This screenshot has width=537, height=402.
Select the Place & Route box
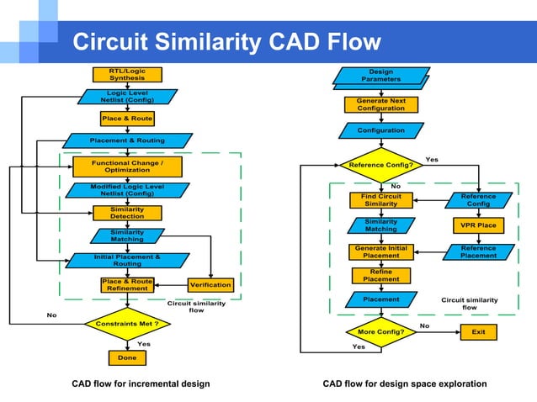(126, 119)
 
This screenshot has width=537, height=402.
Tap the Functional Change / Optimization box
(127, 166)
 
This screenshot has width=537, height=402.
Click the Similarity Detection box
(127, 213)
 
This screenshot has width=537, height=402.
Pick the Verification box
(210, 285)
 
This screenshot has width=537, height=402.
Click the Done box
(126, 357)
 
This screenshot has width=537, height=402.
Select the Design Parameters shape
(381, 77)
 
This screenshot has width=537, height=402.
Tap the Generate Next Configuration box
(380, 104)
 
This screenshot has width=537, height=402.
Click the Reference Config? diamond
(380, 165)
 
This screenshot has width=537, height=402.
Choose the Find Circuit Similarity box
(380, 200)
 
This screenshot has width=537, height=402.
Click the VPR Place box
(478, 225)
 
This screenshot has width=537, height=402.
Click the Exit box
(478, 332)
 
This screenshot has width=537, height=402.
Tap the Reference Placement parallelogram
(478, 251)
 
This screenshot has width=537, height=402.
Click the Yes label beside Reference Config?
(432, 159)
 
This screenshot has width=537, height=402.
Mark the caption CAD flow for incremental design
(141, 383)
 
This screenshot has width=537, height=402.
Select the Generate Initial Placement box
(380, 251)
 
